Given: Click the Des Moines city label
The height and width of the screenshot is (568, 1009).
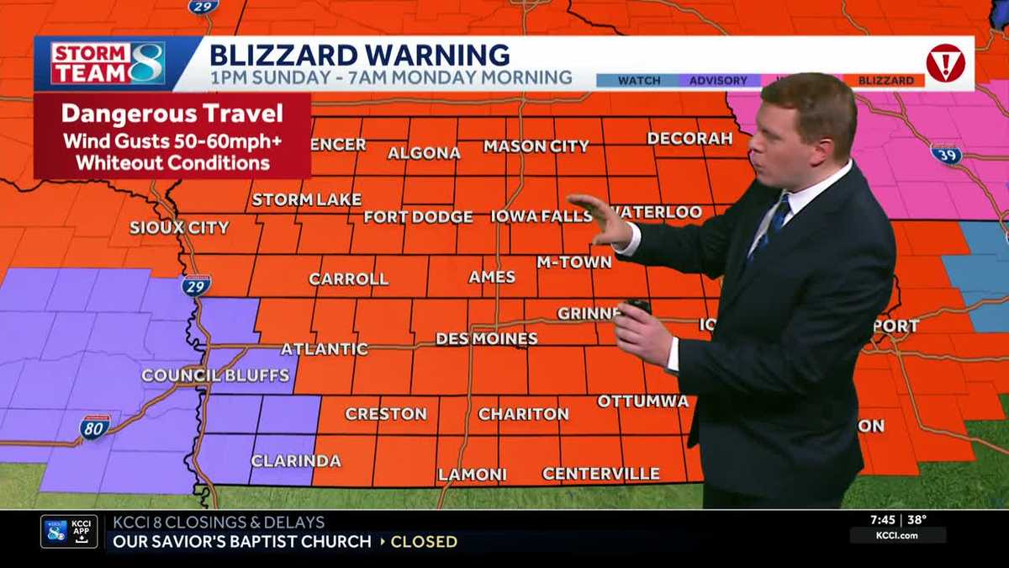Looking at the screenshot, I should click(486, 339).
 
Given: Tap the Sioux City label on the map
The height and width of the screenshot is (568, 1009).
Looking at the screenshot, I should click(179, 227).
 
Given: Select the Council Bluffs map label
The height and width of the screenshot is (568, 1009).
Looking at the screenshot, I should click(215, 375).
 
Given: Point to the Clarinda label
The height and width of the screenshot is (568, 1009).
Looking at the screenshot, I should click(296, 460).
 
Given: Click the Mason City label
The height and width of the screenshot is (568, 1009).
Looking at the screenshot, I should click(536, 146).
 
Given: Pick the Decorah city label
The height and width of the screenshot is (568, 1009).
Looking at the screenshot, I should click(690, 138).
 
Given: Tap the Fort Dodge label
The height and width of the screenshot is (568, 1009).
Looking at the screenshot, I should click(418, 217).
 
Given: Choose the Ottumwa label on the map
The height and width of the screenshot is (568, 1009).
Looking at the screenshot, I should click(642, 401).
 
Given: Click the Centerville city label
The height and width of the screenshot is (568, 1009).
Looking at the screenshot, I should click(600, 474).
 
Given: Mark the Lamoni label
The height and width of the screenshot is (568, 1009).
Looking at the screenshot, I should click(472, 475).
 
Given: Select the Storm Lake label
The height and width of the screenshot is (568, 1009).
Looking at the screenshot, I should click(306, 199).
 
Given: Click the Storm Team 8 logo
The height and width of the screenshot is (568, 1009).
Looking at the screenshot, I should click(107, 63).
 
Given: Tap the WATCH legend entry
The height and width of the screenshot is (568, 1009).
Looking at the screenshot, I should click(639, 81).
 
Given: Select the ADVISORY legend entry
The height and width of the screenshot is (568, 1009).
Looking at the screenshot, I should click(718, 81).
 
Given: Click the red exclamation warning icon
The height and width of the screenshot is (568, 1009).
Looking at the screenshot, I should click(944, 63).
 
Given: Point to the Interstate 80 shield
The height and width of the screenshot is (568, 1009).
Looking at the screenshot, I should click(94, 428).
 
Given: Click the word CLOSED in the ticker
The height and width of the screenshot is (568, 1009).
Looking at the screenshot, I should click(424, 542).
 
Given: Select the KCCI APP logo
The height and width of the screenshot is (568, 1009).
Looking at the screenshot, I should click(69, 532).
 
